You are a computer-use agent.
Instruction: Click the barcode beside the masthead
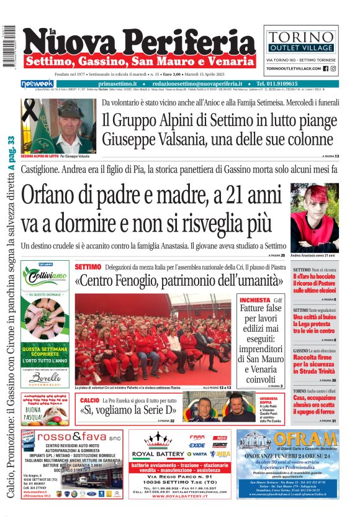pos(9,47)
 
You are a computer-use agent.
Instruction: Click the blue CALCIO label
pos(89,401)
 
